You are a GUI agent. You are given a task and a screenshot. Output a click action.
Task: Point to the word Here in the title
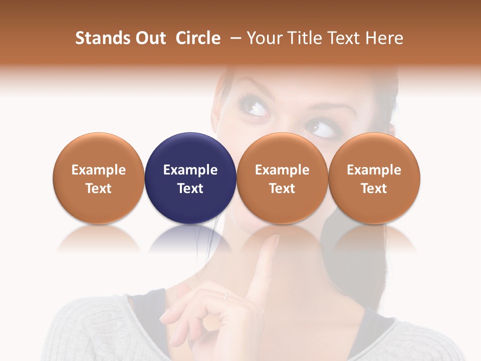[x=384, y=38]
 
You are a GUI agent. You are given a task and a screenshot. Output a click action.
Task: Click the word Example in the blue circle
[x=190, y=170]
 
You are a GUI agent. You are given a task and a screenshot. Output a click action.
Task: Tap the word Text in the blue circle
[x=190, y=189]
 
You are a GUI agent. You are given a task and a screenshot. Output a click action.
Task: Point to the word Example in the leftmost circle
[x=98, y=170]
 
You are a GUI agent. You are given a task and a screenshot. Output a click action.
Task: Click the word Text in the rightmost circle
[x=374, y=189]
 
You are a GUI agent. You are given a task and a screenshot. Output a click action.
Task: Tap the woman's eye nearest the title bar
[x=255, y=106]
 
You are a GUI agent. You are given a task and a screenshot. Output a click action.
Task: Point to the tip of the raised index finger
[x=275, y=239]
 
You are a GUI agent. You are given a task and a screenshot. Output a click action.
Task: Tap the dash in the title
[x=233, y=38]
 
